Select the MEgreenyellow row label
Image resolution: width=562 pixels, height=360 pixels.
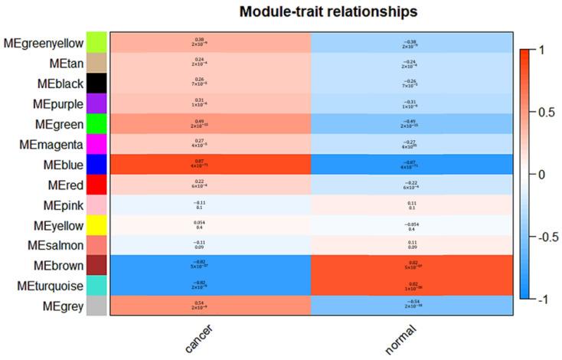tap(44, 42)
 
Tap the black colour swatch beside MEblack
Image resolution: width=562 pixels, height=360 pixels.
tap(96, 83)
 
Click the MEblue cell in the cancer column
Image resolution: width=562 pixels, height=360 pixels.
tap(211, 164)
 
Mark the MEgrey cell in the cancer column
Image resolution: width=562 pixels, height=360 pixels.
tap(211, 305)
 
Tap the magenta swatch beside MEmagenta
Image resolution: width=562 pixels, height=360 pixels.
tap(96, 143)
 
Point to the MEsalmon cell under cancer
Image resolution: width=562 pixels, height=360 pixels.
tap(211, 244)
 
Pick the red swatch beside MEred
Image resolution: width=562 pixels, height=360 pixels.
tap(96, 184)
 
